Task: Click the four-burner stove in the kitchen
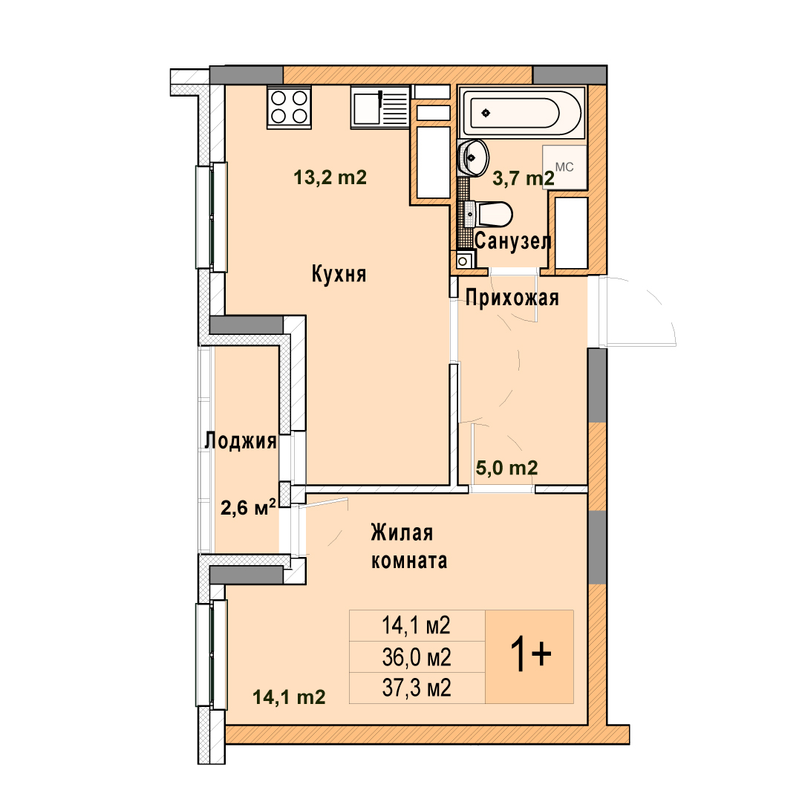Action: [289, 108]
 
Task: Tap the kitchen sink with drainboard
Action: [380, 108]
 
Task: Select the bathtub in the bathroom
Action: [522, 113]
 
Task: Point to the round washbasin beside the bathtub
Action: [474, 157]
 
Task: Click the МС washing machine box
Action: [564, 167]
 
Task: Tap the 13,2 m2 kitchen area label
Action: [330, 177]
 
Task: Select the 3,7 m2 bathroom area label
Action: [524, 178]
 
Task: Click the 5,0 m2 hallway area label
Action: [507, 468]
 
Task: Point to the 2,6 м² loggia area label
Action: [248, 507]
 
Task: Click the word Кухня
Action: [339, 274]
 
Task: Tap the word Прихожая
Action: [512, 298]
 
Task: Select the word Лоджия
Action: [241, 441]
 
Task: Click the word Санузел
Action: [513, 241]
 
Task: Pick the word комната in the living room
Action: [409, 561]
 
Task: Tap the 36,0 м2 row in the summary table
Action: [417, 657]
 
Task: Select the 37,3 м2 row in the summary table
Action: [417, 688]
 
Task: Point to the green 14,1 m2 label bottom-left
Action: [289, 697]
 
